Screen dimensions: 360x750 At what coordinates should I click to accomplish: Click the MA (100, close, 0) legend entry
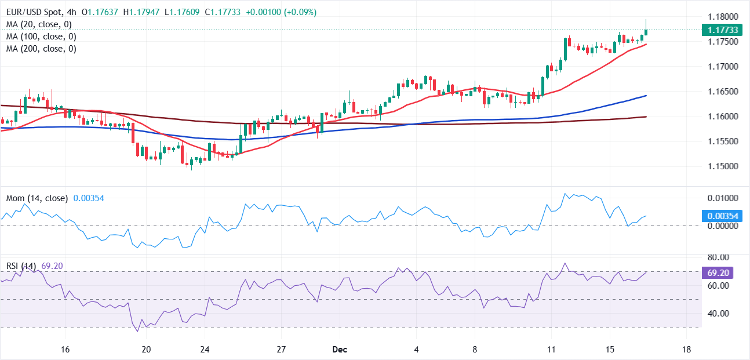point(41,37)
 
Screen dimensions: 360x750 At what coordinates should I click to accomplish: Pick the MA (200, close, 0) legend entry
point(41,49)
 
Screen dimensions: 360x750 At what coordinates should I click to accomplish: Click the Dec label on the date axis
point(340,350)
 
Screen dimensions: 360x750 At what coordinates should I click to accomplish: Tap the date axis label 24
point(204,350)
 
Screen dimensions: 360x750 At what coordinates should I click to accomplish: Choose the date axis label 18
point(686,350)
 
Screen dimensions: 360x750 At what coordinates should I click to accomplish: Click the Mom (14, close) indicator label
point(37,198)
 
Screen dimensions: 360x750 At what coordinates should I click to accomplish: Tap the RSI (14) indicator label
point(21,266)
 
